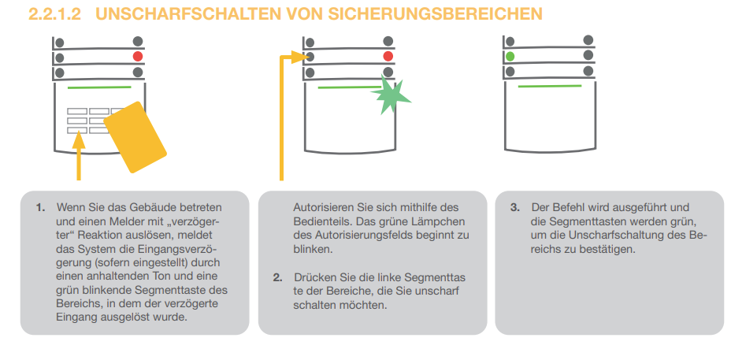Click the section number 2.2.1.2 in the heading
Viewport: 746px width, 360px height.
pyautogui.click(x=54, y=14)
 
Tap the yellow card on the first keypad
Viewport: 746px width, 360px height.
pyautogui.click(x=135, y=137)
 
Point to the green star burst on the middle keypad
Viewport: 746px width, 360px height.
pyautogui.click(x=391, y=95)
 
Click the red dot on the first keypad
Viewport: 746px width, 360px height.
pyautogui.click(x=138, y=57)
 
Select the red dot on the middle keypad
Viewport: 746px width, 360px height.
pyautogui.click(x=388, y=57)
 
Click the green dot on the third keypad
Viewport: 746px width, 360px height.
pyautogui.click(x=510, y=57)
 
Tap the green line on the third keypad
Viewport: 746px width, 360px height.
pyautogui.click(x=550, y=86)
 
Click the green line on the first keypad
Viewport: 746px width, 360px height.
pyautogui.click(x=99, y=87)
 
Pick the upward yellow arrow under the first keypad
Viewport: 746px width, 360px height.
pyautogui.click(x=79, y=155)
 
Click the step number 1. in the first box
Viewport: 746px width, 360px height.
pyautogui.click(x=41, y=208)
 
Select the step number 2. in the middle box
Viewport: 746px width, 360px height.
pyautogui.click(x=278, y=278)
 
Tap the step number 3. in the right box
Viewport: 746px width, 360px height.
pyautogui.click(x=515, y=208)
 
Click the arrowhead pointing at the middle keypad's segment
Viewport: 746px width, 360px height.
pyautogui.click(x=303, y=58)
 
